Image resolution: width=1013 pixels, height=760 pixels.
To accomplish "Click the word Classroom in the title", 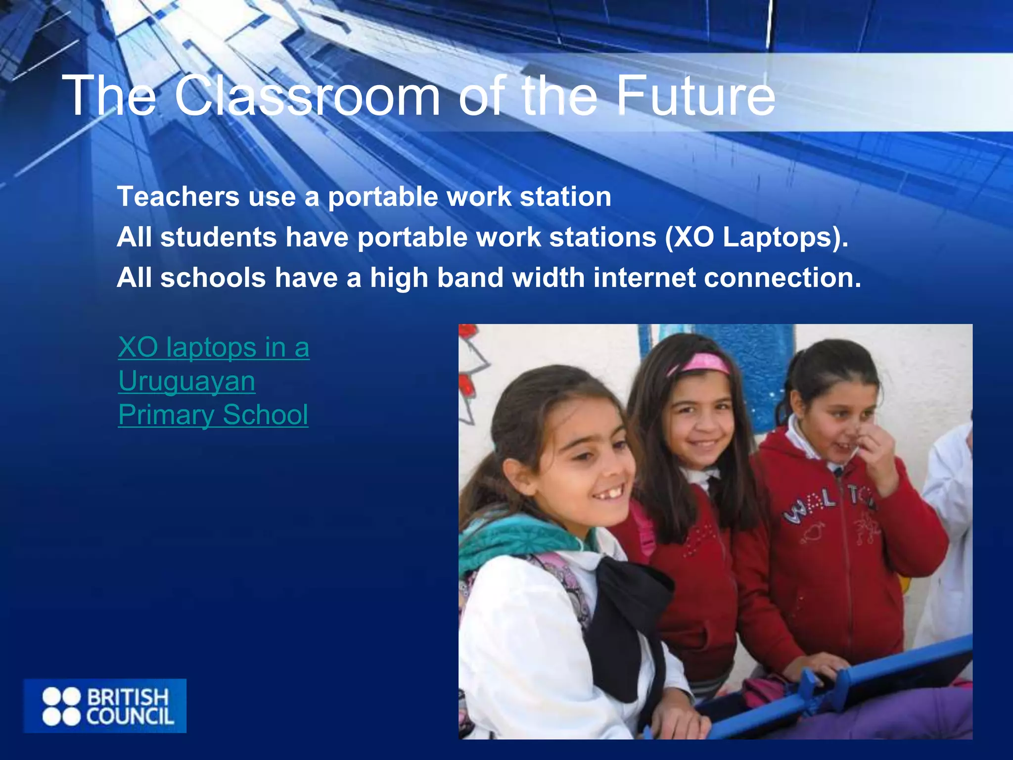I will tap(307, 95).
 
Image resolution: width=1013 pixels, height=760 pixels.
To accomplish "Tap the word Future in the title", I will tap(695, 95).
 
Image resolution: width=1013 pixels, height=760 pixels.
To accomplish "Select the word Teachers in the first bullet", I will tap(178, 196).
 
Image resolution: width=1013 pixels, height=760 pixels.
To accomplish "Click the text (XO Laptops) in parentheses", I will tap(757, 237).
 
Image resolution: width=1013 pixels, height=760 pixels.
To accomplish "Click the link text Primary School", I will tap(213, 415).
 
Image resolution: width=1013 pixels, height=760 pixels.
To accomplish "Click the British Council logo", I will tap(105, 706).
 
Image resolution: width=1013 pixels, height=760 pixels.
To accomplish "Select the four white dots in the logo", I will tap(61, 706).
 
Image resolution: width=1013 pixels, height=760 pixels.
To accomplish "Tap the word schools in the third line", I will tap(213, 278).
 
